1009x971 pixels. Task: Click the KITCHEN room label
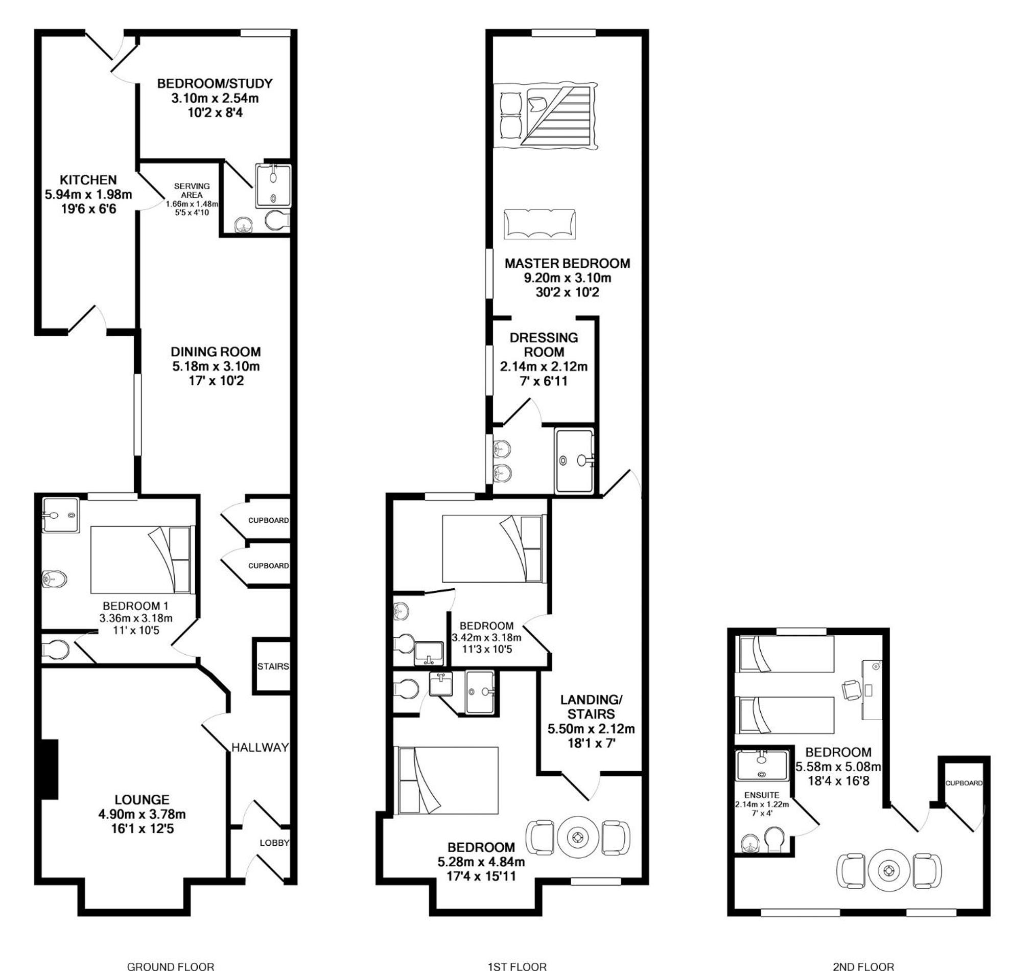click(88, 180)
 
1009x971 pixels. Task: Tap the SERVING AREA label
click(192, 191)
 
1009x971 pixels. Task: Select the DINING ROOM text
click(216, 352)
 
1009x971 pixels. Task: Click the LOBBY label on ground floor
click(274, 843)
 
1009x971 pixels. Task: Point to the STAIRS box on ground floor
click(273, 666)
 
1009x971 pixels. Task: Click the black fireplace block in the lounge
click(50, 769)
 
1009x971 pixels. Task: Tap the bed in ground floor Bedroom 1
click(143, 560)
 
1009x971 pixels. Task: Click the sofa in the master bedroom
click(539, 224)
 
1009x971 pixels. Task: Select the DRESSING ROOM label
click(544, 344)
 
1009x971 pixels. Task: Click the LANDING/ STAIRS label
click(591, 706)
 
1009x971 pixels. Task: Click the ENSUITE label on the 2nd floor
click(761, 795)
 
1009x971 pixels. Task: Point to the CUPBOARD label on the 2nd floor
click(964, 783)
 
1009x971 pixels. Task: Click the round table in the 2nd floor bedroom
click(889, 871)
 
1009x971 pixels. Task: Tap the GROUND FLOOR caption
click(171, 966)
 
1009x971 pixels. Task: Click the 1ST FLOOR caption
click(517, 966)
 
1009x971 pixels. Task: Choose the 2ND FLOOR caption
click(863, 966)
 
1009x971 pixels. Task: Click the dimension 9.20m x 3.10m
click(567, 278)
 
